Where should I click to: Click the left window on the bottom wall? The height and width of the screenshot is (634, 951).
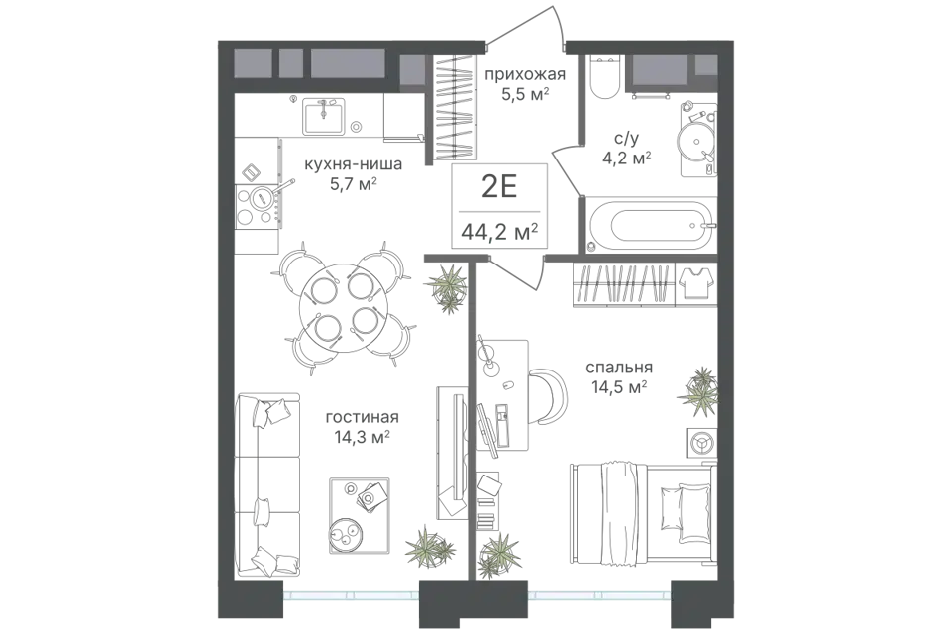[x=351, y=594]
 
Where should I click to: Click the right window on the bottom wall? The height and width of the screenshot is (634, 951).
[x=598, y=594]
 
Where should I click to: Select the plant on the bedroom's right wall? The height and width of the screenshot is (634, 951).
[x=701, y=394]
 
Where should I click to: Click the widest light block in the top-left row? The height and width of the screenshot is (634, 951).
[x=348, y=63]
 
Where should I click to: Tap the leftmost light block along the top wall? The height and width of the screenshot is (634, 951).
[x=254, y=63]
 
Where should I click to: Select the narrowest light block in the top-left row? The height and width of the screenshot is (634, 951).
[x=290, y=63]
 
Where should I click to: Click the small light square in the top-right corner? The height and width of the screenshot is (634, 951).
[x=705, y=65]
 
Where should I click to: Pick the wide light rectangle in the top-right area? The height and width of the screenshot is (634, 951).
[x=660, y=69]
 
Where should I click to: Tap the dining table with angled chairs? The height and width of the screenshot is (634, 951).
[x=347, y=307]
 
